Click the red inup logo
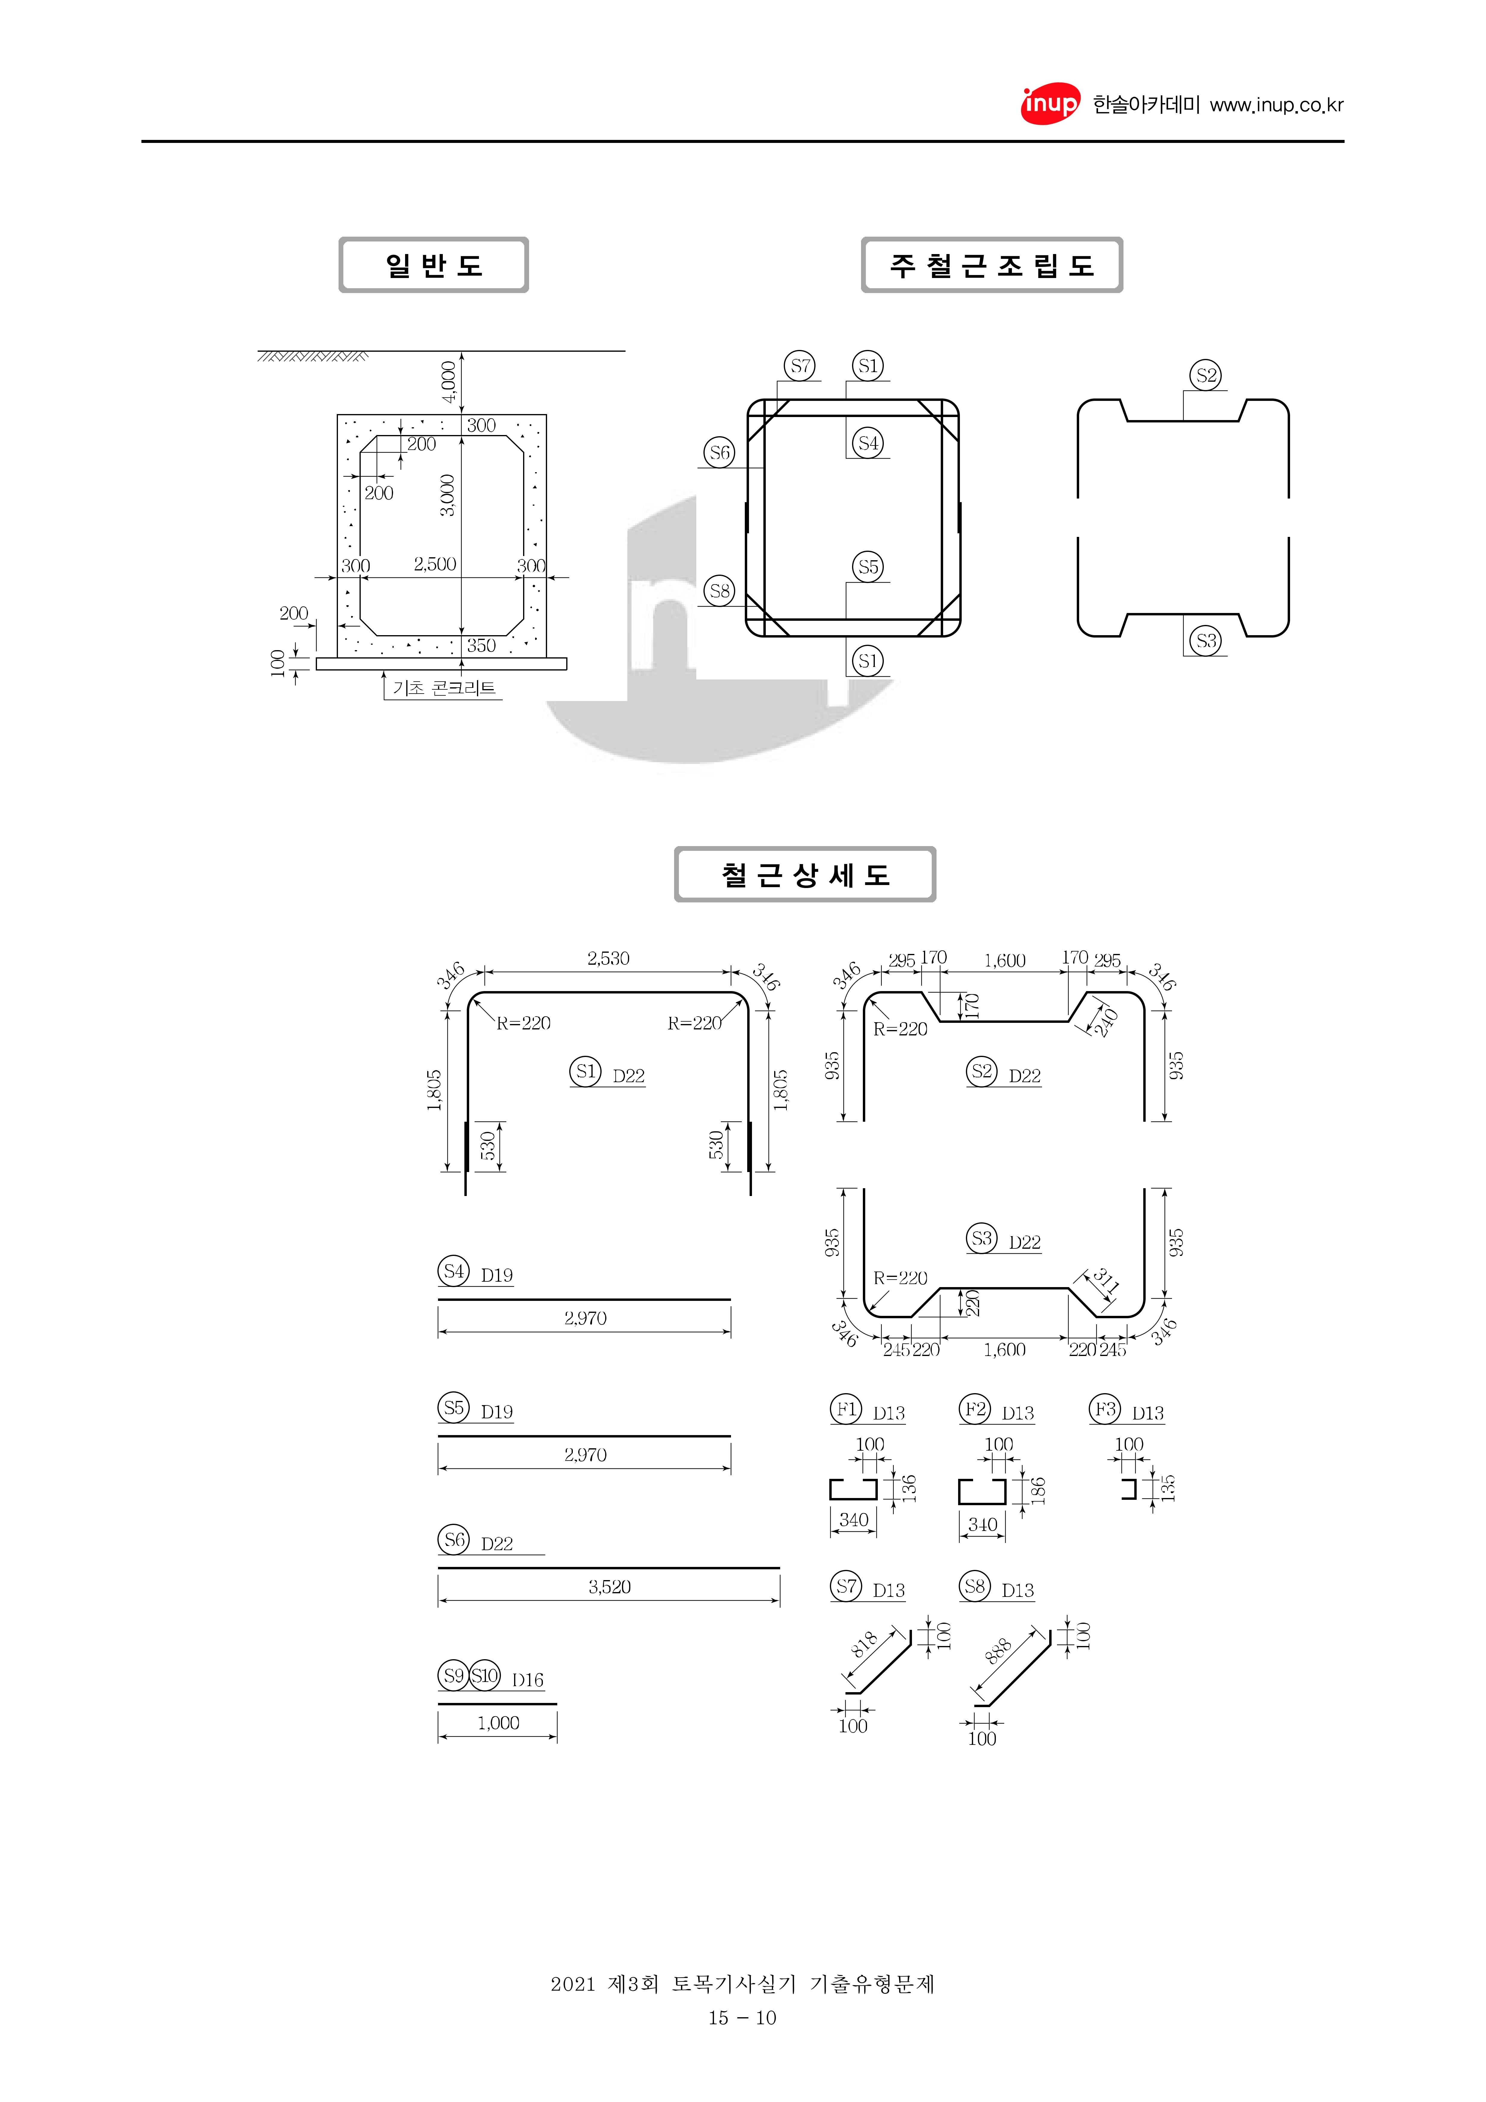click(x=1050, y=104)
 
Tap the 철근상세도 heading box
click(x=805, y=874)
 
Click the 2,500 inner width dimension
click(x=435, y=564)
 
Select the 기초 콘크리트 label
click(x=444, y=688)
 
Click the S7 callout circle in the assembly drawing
click(x=800, y=366)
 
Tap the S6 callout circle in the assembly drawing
click(x=720, y=452)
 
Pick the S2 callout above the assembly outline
click(x=1206, y=375)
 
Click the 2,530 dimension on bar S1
click(x=608, y=958)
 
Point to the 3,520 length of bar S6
click(x=610, y=1587)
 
